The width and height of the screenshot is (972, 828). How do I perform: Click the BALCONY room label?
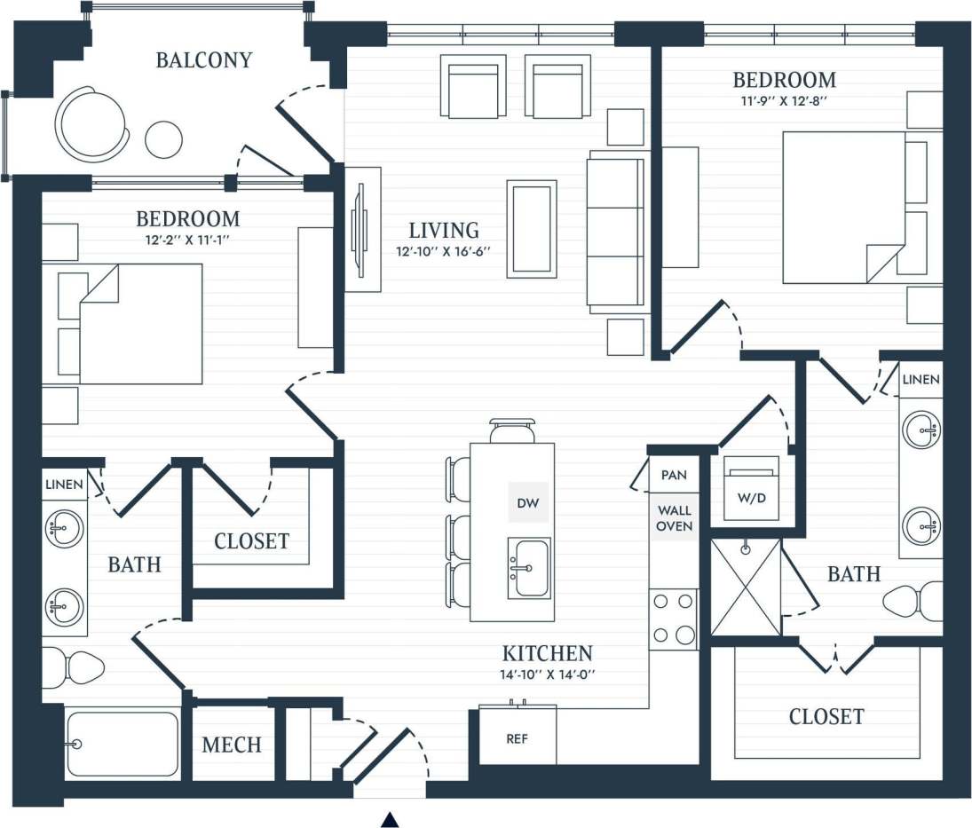point(204,60)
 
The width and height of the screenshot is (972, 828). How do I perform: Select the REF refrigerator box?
point(518,737)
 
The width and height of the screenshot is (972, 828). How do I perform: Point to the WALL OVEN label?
point(674,518)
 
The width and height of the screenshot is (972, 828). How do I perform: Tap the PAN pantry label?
point(674,475)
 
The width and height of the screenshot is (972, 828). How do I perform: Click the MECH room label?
point(232,745)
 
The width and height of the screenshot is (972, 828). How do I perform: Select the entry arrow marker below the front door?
point(389,819)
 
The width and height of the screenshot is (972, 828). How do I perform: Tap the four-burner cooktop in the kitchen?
point(673,619)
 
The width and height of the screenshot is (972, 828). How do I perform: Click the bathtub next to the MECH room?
point(122,744)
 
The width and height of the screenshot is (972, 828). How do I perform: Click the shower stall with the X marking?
point(746,587)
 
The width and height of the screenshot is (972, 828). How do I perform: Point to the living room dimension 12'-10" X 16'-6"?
point(444,251)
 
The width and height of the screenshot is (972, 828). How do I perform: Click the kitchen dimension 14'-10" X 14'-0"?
point(547,674)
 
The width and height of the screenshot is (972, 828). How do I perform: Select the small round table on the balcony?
point(163,139)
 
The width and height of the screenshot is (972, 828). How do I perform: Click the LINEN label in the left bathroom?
point(64,485)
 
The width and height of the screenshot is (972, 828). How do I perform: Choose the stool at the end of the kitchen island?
point(512,430)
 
